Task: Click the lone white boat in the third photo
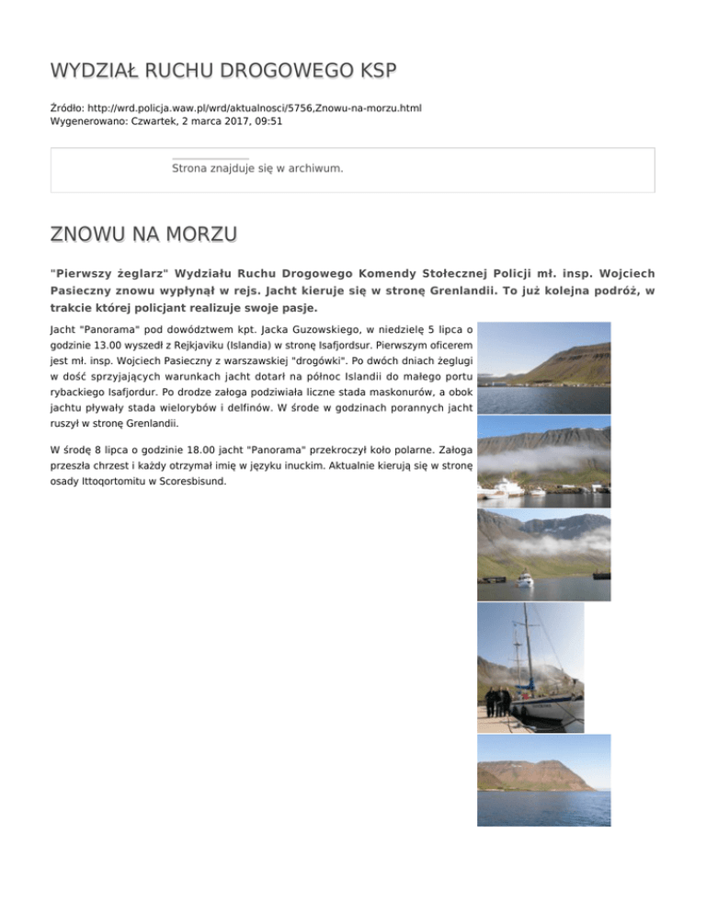525,579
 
